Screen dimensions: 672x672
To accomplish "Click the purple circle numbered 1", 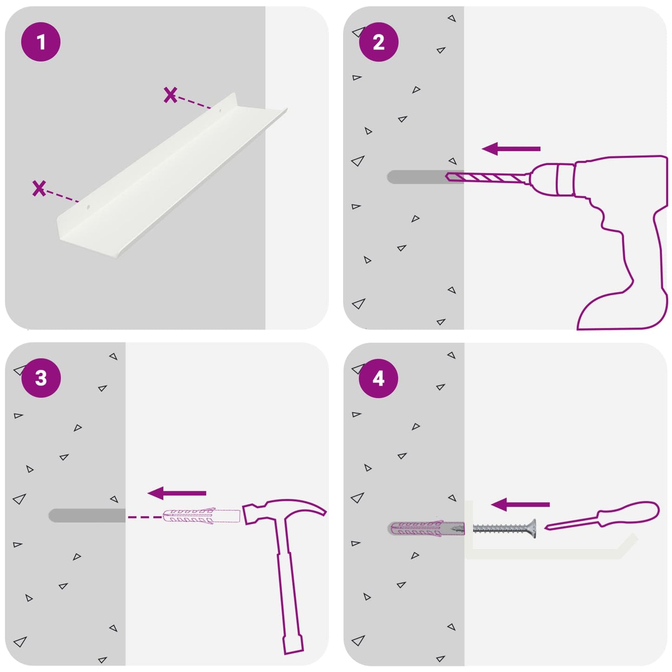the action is point(41,42).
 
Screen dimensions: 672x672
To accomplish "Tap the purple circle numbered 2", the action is point(379,42).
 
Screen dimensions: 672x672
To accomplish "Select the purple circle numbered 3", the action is point(41,378).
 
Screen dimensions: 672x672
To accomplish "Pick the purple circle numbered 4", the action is point(379,379).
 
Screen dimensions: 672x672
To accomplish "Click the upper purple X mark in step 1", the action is point(170,95).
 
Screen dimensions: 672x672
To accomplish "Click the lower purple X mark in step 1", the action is point(39,188).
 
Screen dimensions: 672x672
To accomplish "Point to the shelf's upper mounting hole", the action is point(220,111).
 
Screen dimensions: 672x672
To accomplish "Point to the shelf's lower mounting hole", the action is point(88,207).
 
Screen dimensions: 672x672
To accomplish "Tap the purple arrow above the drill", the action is point(511,149).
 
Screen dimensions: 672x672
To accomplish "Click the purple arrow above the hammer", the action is point(177,493).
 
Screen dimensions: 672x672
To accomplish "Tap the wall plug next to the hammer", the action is point(201,516).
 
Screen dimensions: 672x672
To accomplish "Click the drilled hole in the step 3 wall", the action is point(87,515).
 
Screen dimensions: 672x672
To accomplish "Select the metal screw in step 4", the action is point(504,529).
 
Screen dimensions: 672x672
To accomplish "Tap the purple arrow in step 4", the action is point(520,505).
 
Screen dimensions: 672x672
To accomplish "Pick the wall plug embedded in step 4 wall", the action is point(426,529).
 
